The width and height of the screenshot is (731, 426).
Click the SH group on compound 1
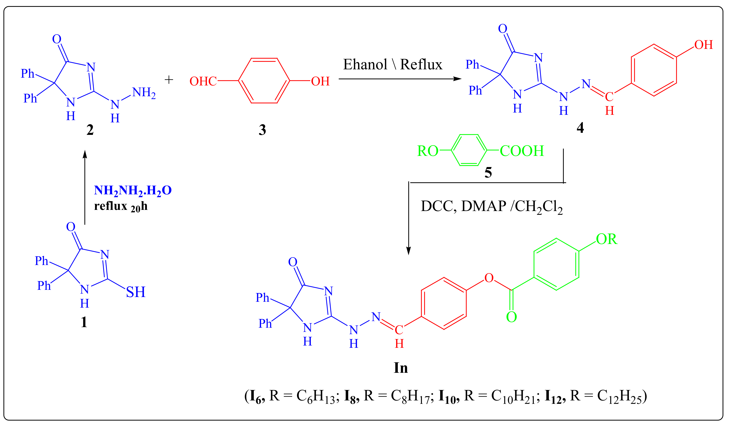(136, 292)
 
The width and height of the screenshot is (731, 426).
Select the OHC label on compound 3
(203, 81)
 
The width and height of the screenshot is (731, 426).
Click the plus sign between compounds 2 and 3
(169, 80)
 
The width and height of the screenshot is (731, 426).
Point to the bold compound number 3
(262, 130)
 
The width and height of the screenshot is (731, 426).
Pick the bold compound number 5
(488, 173)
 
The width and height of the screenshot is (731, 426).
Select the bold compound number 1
(84, 322)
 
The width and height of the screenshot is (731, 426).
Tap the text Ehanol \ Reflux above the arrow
(393, 64)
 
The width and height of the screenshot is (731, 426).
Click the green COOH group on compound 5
(522, 151)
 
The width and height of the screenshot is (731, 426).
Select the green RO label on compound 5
(428, 151)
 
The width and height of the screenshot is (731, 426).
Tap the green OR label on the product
(607, 239)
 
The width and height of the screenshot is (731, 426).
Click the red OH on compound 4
(703, 45)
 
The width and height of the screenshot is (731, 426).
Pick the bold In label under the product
(401, 368)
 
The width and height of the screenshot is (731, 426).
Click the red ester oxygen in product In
(489, 278)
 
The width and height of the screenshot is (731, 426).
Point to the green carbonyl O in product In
(511, 317)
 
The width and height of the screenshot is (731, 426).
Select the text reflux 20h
(121, 206)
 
